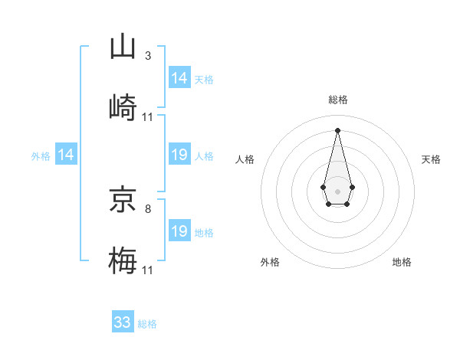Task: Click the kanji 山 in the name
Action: coord(123,47)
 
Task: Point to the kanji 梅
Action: coord(123,260)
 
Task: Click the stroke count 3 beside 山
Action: coord(148,55)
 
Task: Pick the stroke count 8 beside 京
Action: coord(148,208)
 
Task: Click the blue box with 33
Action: coord(123,322)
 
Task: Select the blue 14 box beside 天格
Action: coord(179,78)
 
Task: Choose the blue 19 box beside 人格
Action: coord(179,155)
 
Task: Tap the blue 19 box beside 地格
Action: coord(179,231)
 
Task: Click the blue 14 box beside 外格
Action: coord(66,155)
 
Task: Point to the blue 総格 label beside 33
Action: coord(147,324)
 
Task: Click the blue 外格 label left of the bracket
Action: coord(41,156)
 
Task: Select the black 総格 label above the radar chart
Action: coord(337,100)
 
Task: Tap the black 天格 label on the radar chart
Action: coord(431,159)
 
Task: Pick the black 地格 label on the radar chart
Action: coord(402,262)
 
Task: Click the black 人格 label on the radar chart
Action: coord(245,159)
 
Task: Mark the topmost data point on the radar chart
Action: coord(337,129)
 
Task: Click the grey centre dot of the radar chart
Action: coord(337,190)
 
